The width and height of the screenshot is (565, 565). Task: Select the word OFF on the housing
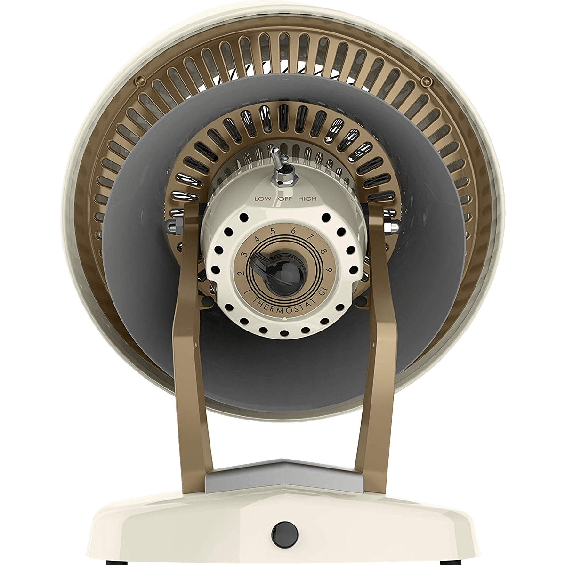click(283, 199)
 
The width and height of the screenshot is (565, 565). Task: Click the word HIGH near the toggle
click(307, 199)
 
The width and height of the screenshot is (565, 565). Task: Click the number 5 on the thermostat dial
click(273, 231)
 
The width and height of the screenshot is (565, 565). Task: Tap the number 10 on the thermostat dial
click(318, 292)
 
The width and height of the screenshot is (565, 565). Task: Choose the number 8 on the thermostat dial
click(323, 251)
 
